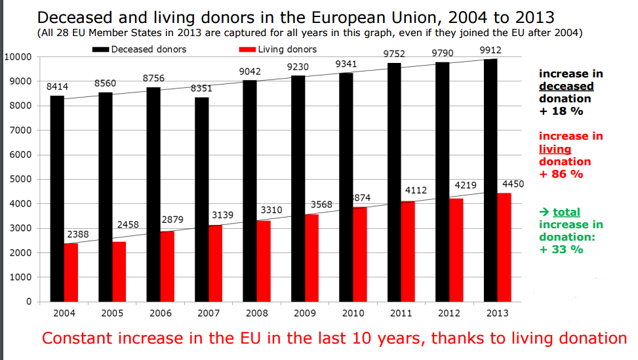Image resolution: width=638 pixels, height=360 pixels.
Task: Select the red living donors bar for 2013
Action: coord(505,247)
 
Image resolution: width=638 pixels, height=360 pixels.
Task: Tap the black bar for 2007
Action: coord(202,199)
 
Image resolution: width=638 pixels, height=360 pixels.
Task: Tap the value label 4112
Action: coord(416,190)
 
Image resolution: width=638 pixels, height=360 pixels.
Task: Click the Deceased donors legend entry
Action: coord(148,49)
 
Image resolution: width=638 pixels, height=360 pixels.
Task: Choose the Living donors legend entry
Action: coord(287,49)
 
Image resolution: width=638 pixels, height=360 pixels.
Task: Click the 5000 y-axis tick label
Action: coord(20,180)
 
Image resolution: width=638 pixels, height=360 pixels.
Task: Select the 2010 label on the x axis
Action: coord(353,313)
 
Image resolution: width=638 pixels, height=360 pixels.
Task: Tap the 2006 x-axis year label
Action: coord(161,313)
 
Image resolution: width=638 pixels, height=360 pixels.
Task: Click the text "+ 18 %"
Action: coord(561,111)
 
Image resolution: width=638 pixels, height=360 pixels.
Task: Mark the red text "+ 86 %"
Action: coord(561,174)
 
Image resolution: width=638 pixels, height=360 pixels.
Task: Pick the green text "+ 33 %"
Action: coord(561,250)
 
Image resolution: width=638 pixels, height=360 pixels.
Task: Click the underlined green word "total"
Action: coord(566,212)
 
